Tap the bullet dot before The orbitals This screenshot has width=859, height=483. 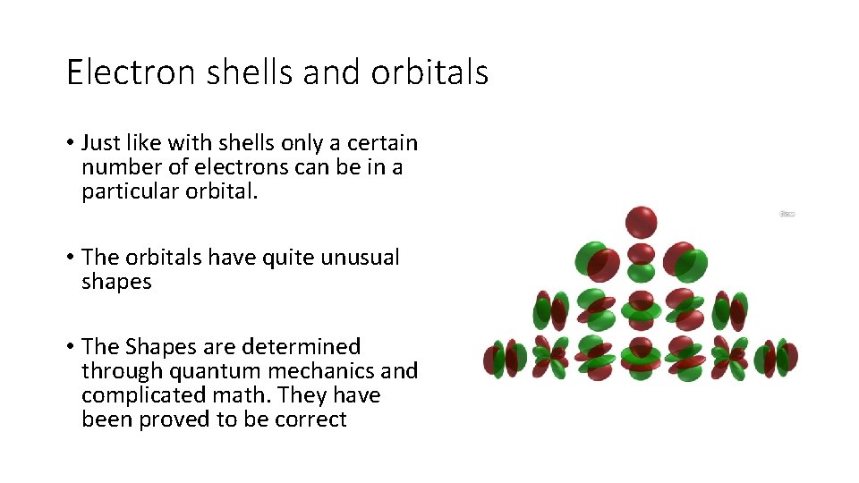tap(69, 258)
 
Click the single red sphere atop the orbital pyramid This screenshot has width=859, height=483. tap(641, 222)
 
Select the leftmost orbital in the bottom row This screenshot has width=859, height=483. tap(505, 358)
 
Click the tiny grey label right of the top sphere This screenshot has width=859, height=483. tap(787, 214)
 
